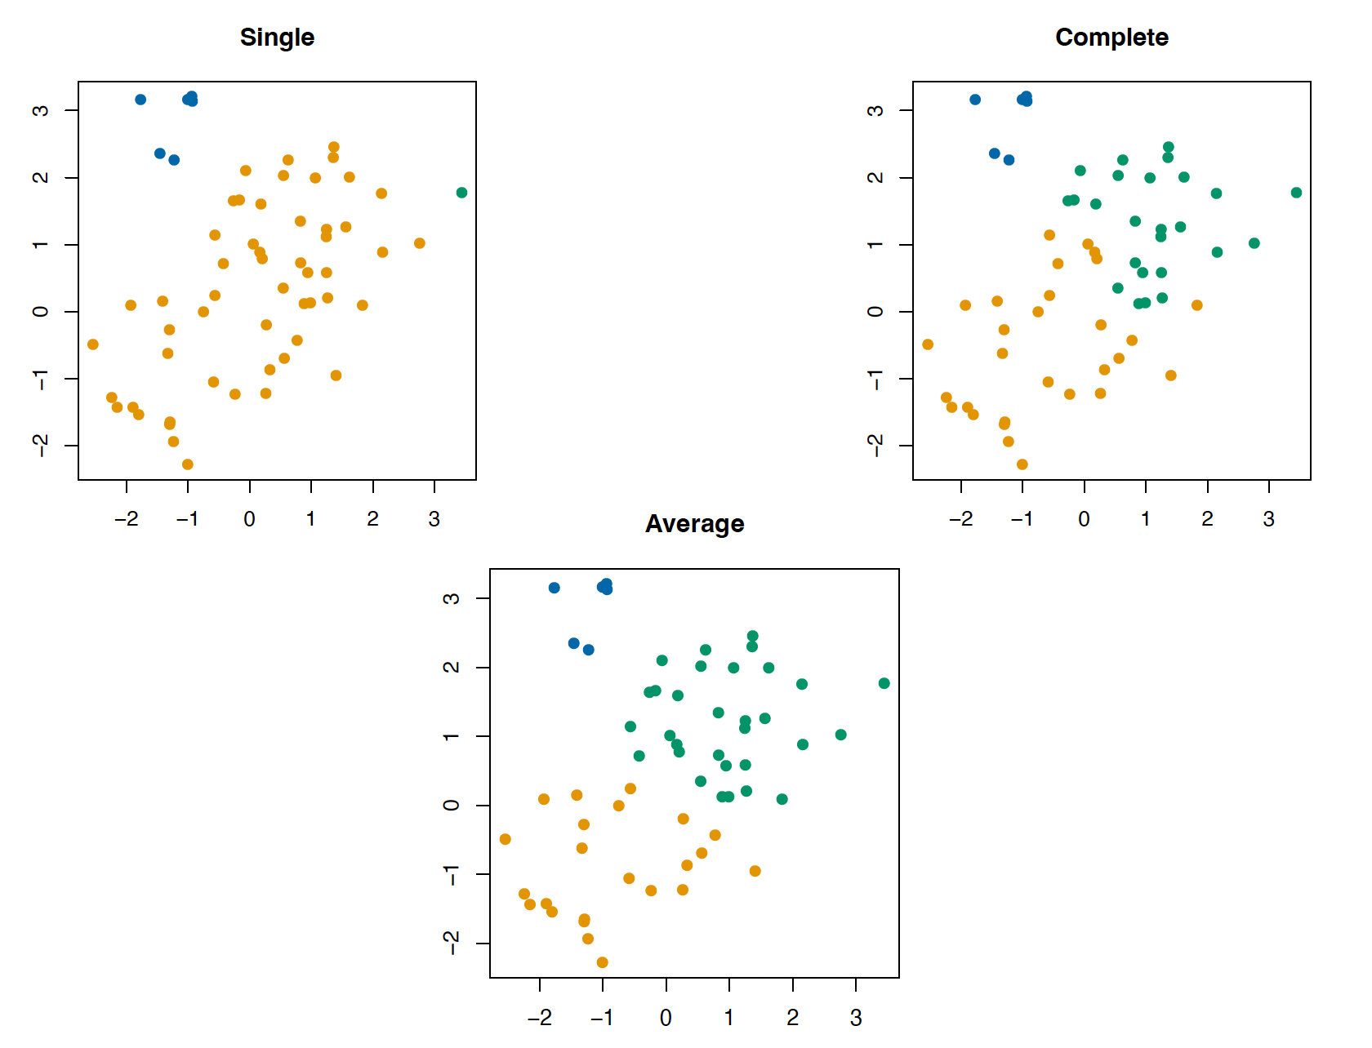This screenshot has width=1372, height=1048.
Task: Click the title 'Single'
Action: (x=277, y=38)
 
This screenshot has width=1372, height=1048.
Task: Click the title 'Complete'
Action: (x=1111, y=38)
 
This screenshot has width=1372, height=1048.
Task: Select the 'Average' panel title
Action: (x=694, y=524)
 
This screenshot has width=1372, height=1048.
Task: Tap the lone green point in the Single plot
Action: (x=462, y=193)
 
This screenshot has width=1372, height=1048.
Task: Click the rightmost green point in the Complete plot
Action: (x=1297, y=193)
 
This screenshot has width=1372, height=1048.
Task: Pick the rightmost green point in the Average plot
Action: (x=884, y=683)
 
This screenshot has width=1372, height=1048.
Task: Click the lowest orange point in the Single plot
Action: (x=188, y=464)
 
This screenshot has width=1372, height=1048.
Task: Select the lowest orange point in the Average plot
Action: (x=603, y=962)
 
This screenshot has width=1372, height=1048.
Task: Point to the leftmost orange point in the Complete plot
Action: (x=928, y=344)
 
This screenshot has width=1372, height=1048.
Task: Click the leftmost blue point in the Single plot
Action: (x=140, y=100)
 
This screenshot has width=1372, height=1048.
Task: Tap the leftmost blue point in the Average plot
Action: (x=555, y=588)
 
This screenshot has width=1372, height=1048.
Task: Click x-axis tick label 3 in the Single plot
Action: (x=434, y=519)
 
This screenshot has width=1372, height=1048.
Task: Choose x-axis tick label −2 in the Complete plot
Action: (x=960, y=519)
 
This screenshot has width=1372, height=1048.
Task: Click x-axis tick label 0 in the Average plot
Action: (x=666, y=1018)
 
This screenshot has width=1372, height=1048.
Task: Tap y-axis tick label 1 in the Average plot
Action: (x=451, y=736)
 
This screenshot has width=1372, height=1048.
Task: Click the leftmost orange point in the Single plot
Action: (x=93, y=344)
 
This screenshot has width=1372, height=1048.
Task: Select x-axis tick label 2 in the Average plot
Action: (x=793, y=1018)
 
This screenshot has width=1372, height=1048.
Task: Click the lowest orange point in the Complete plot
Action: (x=1022, y=464)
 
